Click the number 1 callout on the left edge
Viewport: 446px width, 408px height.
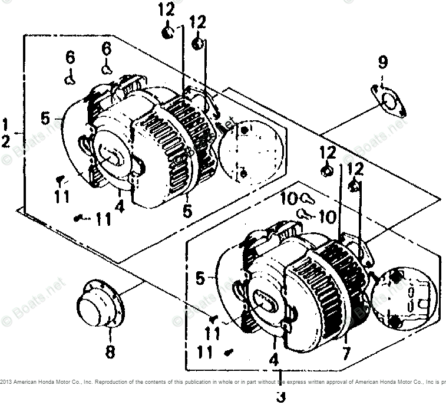5,125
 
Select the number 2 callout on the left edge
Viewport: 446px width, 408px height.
5,142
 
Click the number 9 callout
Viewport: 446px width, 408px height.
382,61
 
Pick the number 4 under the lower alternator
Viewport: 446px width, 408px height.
273,358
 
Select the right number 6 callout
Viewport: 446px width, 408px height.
106,49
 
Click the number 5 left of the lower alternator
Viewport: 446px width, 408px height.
201,276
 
